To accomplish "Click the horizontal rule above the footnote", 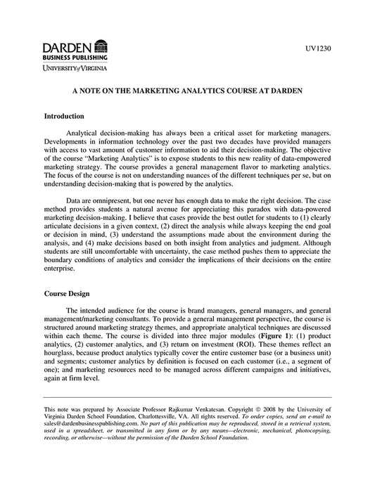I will (x=187, y=398).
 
